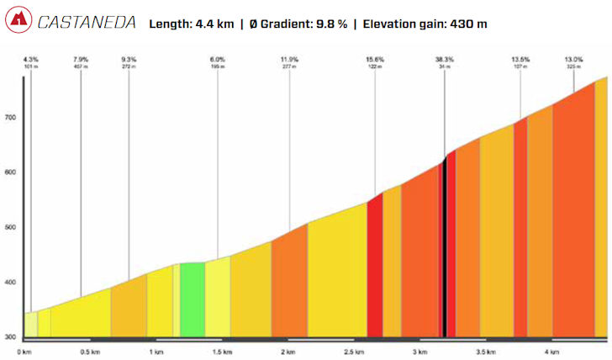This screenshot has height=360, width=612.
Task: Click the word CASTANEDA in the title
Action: (x=87, y=22)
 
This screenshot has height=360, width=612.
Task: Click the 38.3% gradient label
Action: (x=445, y=59)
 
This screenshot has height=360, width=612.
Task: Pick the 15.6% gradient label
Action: (x=375, y=59)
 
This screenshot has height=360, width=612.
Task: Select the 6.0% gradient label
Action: (x=218, y=59)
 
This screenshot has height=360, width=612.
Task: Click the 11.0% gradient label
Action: (x=289, y=59)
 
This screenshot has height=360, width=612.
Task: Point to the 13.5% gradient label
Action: (x=520, y=59)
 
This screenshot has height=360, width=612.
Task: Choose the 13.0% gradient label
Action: (x=575, y=59)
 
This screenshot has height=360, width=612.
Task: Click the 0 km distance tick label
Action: (x=24, y=351)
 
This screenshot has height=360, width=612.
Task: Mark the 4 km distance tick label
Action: (x=551, y=351)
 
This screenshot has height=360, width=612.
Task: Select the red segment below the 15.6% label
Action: (x=375, y=269)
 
